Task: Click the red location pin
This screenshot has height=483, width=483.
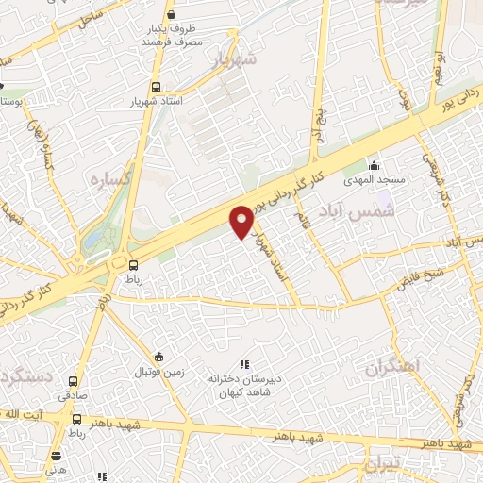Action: [242, 221]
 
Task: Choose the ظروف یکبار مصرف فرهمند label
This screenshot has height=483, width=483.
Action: [173, 36]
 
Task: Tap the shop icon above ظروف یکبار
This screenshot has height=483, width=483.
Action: [170, 14]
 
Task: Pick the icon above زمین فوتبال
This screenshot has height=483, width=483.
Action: [158, 357]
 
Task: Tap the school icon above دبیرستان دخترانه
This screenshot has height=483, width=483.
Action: [244, 364]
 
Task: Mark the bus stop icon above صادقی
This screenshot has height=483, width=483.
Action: [74, 382]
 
